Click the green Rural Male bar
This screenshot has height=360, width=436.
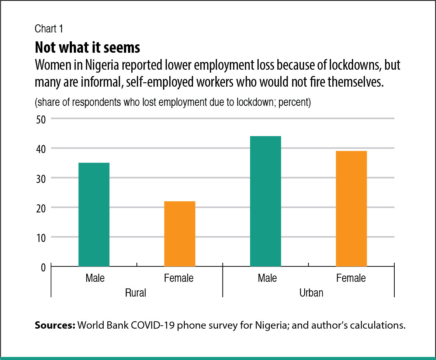coord(94,214)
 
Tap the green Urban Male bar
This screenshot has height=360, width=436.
coord(265,201)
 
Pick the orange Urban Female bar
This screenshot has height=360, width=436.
coord(351,208)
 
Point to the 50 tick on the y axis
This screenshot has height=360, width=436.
coord(40,119)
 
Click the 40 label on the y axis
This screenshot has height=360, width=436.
coord(40,148)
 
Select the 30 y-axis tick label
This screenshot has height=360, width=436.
coord(40,178)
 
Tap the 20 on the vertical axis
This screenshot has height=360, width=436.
coord(40,207)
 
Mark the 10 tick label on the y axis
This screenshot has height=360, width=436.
coord(40,237)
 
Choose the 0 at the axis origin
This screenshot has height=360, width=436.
coord(43,266)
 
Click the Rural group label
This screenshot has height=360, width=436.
coord(136,293)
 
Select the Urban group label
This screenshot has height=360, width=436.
coord(311,293)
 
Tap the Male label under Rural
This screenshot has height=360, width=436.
coord(95,278)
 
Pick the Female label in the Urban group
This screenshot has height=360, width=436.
coord(351,278)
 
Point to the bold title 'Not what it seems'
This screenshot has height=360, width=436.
coord(87,48)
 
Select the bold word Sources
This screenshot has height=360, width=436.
coord(55,326)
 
